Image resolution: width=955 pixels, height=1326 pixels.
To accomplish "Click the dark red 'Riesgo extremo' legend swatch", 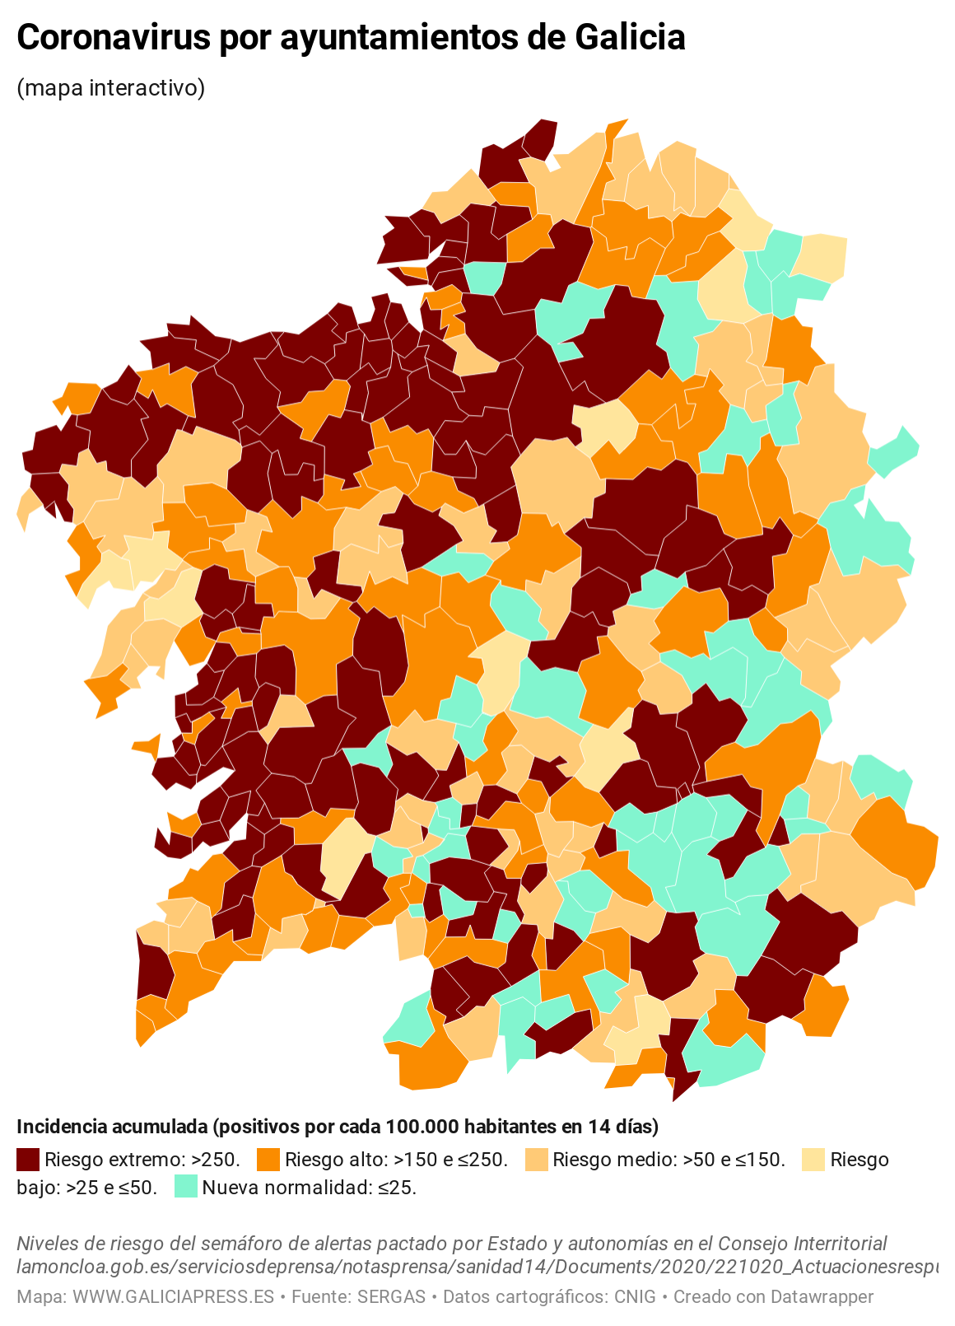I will click(28, 1160).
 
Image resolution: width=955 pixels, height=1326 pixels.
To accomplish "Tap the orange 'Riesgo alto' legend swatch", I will click(268, 1160).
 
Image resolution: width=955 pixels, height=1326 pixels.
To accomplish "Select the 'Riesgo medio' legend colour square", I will click(536, 1160).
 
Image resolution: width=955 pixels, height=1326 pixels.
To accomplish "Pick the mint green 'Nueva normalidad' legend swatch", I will click(186, 1188).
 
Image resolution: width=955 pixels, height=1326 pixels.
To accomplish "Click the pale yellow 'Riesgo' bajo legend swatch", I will click(813, 1160).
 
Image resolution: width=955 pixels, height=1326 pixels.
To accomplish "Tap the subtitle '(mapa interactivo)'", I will click(110, 87).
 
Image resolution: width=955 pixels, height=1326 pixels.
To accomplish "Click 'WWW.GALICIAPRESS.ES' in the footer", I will click(173, 1297).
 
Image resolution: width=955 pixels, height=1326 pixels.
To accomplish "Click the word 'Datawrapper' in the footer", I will click(822, 1297).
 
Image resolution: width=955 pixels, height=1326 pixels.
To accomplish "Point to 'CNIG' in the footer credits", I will click(635, 1297).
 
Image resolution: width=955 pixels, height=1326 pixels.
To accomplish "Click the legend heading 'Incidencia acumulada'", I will click(112, 1127).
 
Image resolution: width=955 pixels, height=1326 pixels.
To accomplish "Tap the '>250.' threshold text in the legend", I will click(215, 1160).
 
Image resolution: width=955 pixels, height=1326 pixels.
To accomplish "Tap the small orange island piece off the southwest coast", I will click(147, 746).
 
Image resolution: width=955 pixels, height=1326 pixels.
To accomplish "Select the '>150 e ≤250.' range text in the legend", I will click(450, 1160).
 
